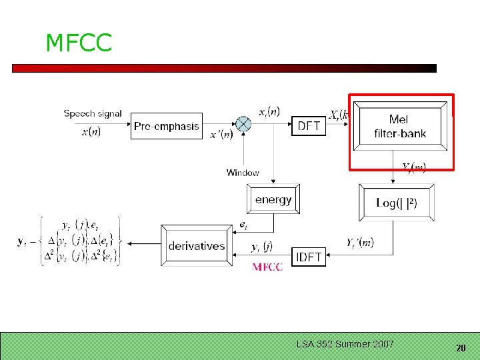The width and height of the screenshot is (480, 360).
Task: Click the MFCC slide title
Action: point(79,43)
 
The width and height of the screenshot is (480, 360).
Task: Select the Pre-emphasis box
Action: point(167,125)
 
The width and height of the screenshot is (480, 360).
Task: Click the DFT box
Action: point(309,125)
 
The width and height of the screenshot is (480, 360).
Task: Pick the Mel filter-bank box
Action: point(399,126)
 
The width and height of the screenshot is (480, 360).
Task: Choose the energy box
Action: point(273,199)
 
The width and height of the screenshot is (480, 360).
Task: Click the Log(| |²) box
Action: point(397,203)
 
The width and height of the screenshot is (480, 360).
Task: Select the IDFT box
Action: point(308,257)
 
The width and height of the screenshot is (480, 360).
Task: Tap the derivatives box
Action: point(197,246)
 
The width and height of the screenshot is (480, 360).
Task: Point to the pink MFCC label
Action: point(267,267)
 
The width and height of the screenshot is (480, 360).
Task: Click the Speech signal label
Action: point(93,113)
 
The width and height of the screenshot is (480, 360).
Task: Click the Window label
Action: point(243,173)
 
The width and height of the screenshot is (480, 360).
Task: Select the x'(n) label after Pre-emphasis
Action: point(221,135)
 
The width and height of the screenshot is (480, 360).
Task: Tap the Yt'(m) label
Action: point(360,243)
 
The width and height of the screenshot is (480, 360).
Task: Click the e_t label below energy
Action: point(244,226)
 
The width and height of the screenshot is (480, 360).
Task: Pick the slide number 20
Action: point(460,348)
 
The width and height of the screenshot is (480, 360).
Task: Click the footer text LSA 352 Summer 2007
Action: point(345,344)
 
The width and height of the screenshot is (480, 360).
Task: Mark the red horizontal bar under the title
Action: point(224,68)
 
